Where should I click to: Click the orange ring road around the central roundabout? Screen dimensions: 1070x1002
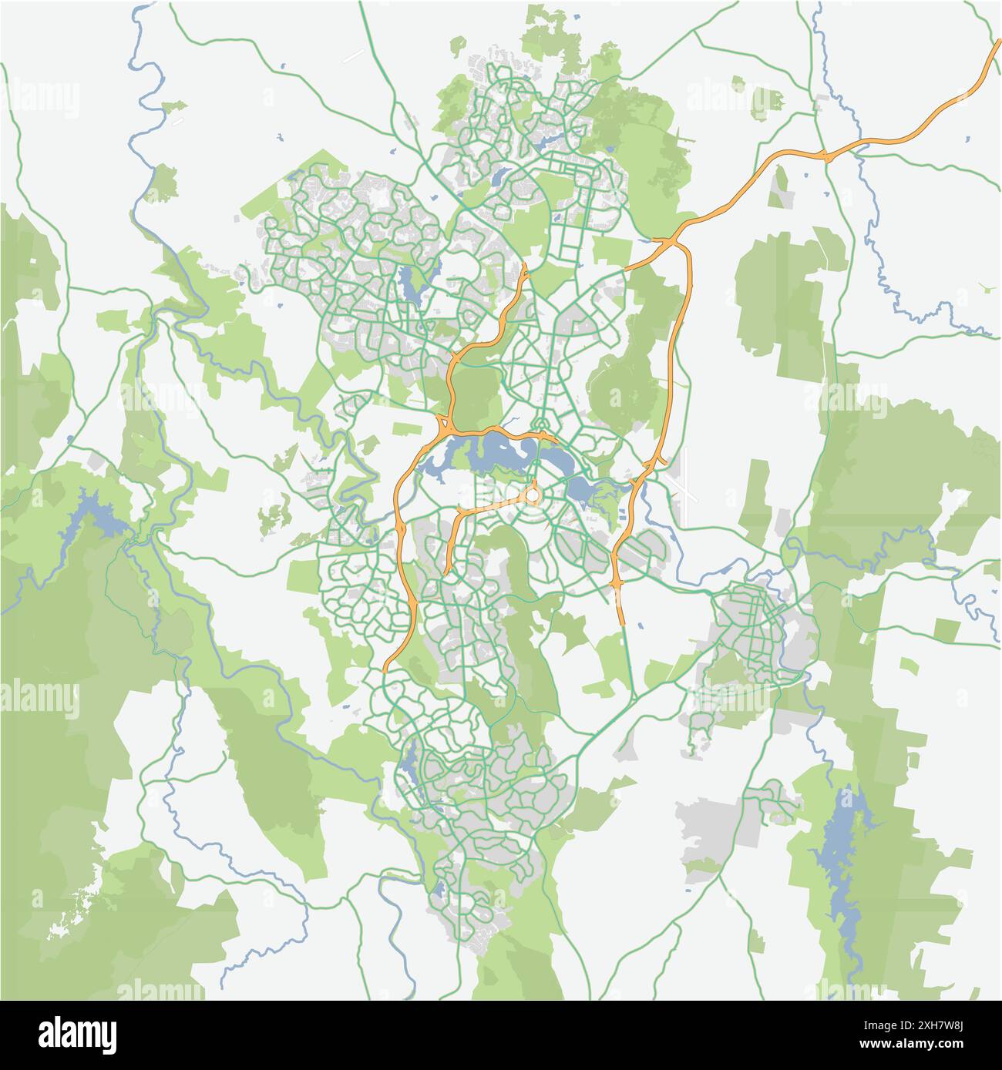coord(533,494)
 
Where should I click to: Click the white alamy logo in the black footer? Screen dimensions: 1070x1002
coord(77,1032)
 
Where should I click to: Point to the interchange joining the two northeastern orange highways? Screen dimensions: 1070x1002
coord(669,243)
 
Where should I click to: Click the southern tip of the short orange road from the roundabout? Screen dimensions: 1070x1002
coord(448,571)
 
